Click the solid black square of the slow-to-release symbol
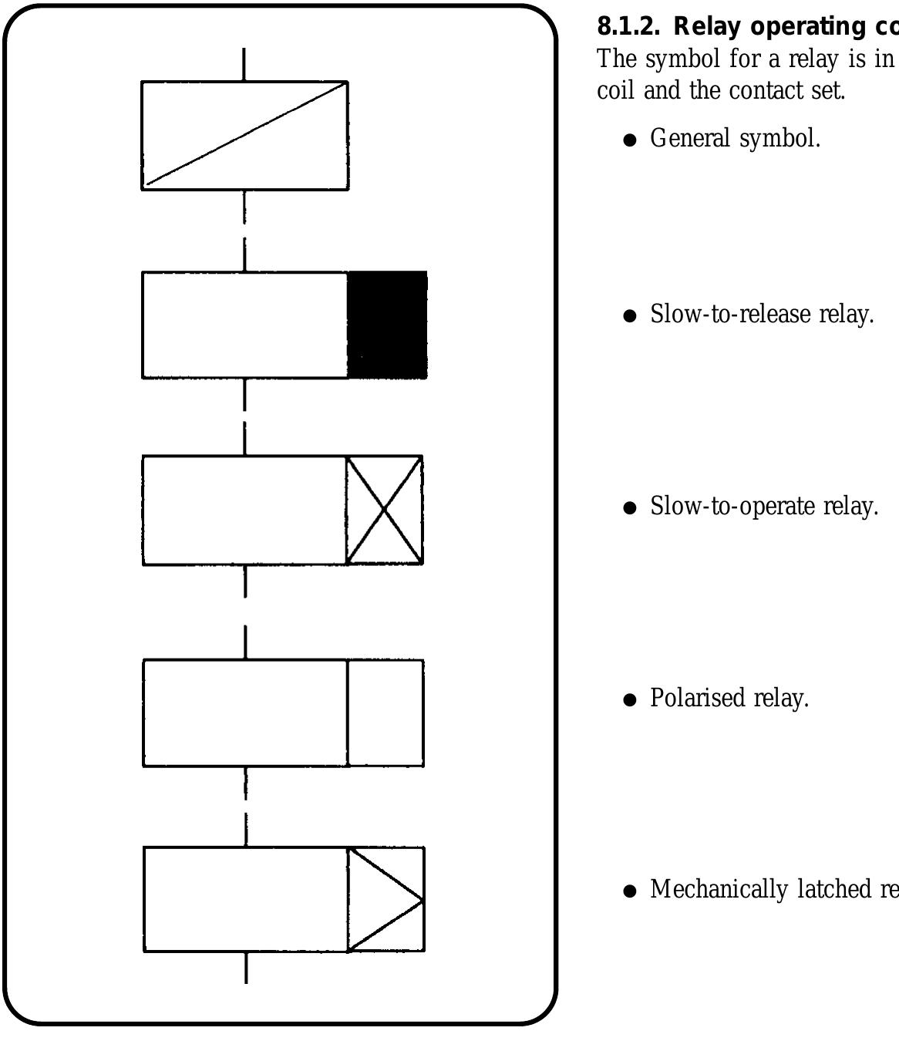[x=387, y=325]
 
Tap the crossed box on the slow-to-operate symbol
[x=384, y=510]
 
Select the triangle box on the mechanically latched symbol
[x=386, y=899]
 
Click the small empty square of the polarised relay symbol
[x=386, y=713]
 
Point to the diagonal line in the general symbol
[x=245, y=135]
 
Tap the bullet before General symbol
[x=631, y=140]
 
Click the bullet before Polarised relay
[x=631, y=700]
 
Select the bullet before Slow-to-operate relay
[x=631, y=508]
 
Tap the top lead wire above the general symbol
[x=244, y=64]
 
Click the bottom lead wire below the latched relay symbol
[x=246, y=967]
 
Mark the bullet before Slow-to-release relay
[x=631, y=316]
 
